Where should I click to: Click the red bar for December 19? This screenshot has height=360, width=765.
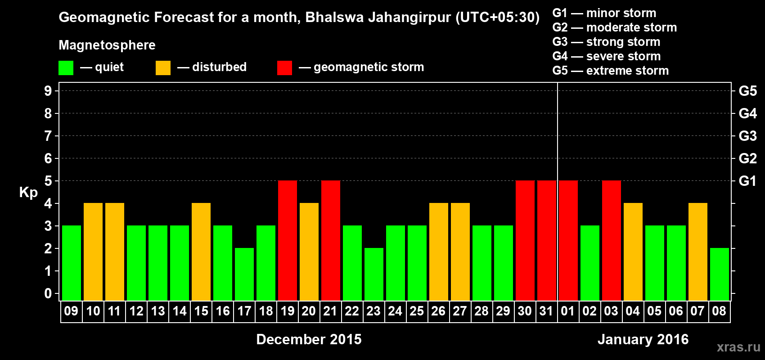pyautogui.click(x=288, y=240)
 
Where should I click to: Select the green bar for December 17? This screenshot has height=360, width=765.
pyautogui.click(x=244, y=274)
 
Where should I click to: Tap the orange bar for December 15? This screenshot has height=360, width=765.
pyautogui.click(x=201, y=252)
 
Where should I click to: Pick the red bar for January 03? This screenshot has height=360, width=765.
pyautogui.click(x=612, y=240)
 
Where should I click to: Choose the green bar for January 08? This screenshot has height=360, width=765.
pyautogui.click(x=720, y=274)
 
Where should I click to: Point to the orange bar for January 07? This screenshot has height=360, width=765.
pyautogui.click(x=698, y=252)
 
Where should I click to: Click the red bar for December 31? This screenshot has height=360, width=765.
pyautogui.click(x=547, y=240)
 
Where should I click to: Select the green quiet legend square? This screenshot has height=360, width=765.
pyautogui.click(x=66, y=68)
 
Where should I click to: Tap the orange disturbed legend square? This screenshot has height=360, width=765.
pyautogui.click(x=163, y=68)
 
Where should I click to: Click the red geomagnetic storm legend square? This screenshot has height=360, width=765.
pyautogui.click(x=284, y=68)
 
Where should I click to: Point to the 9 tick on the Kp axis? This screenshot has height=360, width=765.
pyautogui.click(x=48, y=91)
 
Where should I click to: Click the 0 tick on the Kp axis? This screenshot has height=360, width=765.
pyautogui.click(x=48, y=293)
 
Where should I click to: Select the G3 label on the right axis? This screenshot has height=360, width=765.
pyautogui.click(x=747, y=136)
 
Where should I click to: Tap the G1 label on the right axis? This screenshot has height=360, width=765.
pyautogui.click(x=747, y=181)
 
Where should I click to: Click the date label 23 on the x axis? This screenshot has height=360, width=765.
pyautogui.click(x=373, y=311)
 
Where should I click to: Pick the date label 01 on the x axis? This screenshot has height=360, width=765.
pyautogui.click(x=568, y=311)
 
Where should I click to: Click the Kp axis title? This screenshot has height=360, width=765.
pyautogui.click(x=28, y=192)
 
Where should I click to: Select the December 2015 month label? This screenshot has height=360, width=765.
pyautogui.click(x=309, y=339)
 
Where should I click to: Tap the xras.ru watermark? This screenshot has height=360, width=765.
pyautogui.click(x=738, y=347)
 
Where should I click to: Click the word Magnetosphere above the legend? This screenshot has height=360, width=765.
pyautogui.click(x=107, y=45)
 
